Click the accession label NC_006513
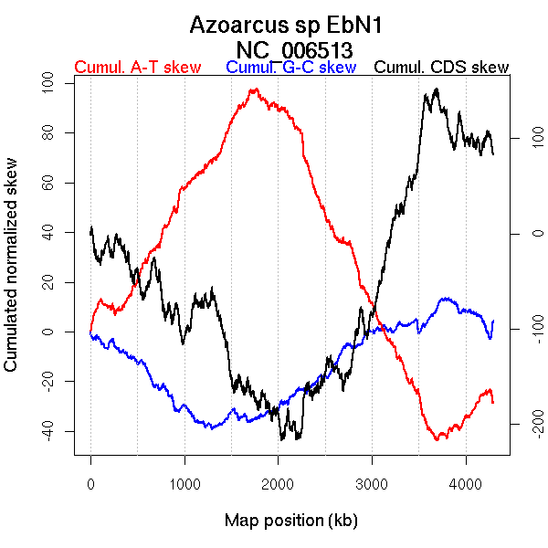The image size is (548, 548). [294, 48]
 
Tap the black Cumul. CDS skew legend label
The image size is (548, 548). [442, 68]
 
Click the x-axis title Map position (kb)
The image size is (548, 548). [290, 521]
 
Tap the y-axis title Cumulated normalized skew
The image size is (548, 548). [12, 275]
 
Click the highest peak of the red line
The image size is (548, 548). [255, 89]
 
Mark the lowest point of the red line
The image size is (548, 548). [439, 439]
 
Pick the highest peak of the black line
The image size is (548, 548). [437, 89]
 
